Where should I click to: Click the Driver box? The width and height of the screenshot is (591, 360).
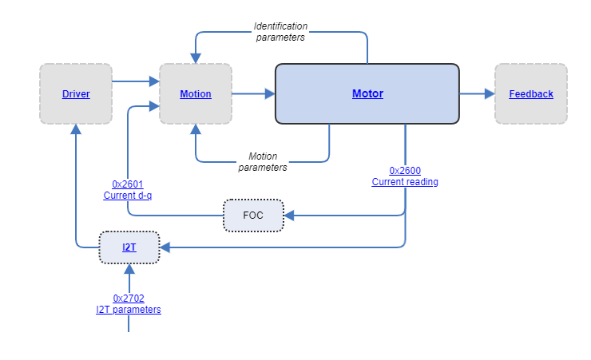click(x=76, y=94)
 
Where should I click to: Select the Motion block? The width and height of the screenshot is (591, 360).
click(x=196, y=94)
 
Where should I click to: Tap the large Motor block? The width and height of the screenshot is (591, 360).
click(x=367, y=94)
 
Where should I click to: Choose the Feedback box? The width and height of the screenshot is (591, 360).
click(x=531, y=94)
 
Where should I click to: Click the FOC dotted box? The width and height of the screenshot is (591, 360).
click(x=253, y=216)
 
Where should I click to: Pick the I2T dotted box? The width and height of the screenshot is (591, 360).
click(x=129, y=247)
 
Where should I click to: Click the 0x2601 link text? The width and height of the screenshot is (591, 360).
click(x=128, y=184)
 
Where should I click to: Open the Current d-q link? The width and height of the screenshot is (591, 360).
click(x=128, y=195)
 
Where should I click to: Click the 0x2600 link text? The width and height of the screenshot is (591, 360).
click(x=405, y=171)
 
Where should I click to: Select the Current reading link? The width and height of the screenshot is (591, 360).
click(x=405, y=181)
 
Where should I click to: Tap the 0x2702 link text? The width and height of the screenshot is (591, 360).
click(x=129, y=299)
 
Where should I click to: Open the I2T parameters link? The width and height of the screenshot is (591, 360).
click(x=129, y=309)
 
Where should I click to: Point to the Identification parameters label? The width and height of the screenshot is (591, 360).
click(x=280, y=31)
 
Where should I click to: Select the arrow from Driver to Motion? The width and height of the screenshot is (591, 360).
click(x=135, y=81)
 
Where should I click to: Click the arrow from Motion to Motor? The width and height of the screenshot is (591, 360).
click(x=253, y=94)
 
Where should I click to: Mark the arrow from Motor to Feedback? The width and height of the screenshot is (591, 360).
click(x=477, y=94)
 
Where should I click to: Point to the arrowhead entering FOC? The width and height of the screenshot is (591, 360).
click(x=289, y=216)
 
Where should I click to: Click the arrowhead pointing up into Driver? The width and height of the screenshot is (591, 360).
click(x=76, y=129)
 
